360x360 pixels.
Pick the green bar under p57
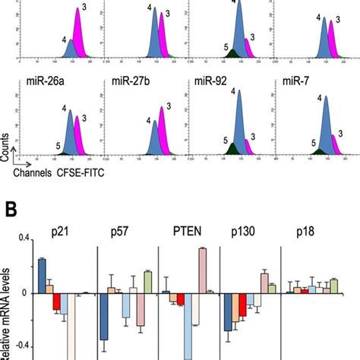[x=148, y=282]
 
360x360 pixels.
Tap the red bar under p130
[x=242, y=305]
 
